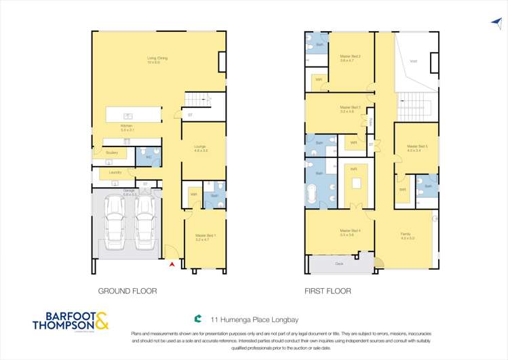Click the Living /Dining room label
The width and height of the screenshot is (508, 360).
[157, 58]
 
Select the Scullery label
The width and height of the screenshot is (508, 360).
[113, 153]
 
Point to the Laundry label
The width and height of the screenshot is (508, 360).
[115, 172]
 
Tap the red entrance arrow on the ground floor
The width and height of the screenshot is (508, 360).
[172, 264]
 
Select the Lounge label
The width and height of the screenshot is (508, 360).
[200, 148]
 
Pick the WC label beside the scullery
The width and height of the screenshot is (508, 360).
[149, 157]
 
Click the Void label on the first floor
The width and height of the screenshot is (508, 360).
[413, 62]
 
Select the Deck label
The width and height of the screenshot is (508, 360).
[338, 263]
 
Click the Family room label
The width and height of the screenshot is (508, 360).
[406, 237]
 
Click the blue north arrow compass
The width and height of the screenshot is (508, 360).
[496, 22]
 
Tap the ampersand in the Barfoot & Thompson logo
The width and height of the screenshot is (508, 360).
[100, 321]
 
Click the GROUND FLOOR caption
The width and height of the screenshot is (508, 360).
[128, 291]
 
